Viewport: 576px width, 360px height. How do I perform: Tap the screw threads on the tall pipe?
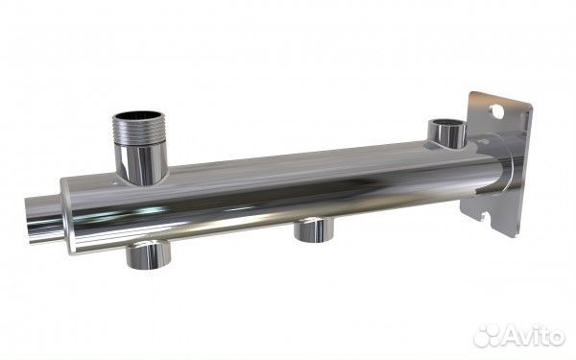[139, 132]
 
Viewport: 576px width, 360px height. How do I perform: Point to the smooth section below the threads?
[141, 163]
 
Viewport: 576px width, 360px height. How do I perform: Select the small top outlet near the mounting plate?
[447, 133]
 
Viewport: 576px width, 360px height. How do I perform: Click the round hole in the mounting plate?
[497, 111]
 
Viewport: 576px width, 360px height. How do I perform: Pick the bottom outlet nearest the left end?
[149, 254]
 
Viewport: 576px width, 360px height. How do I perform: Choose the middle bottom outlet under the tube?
[314, 230]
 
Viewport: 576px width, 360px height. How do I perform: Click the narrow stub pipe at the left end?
[44, 219]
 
